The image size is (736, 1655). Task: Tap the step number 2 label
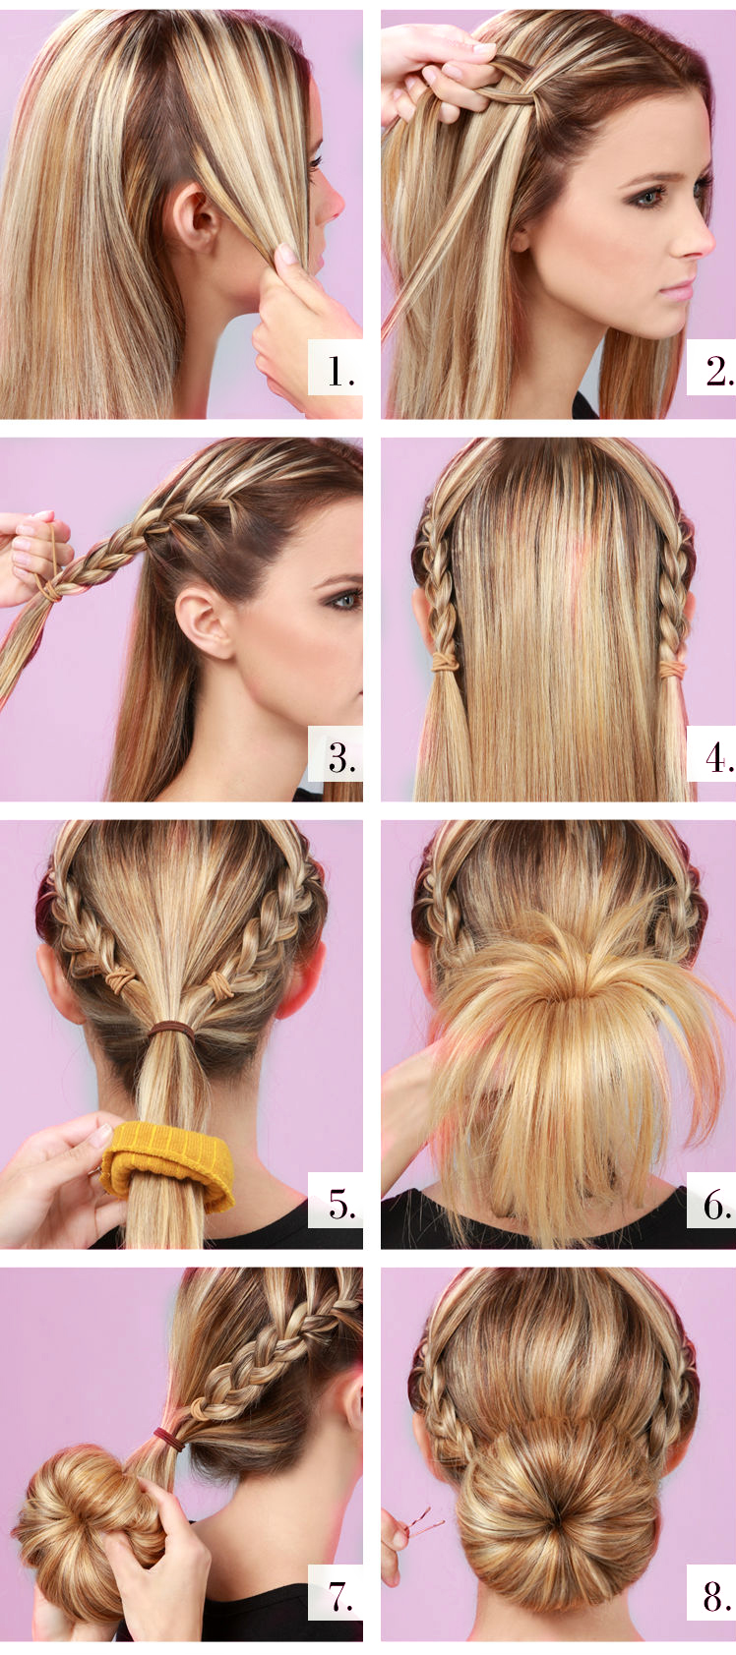click(x=717, y=371)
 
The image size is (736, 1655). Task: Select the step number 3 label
click(x=338, y=757)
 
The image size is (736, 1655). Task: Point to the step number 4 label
click(x=718, y=757)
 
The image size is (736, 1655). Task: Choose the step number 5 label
click(x=338, y=1204)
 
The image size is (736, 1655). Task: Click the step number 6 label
click(x=717, y=1204)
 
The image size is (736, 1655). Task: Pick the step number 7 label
click(x=338, y=1597)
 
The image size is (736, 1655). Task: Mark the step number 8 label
click(x=717, y=1597)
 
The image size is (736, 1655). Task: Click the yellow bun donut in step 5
click(x=167, y=1161)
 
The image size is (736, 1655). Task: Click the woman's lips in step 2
click(x=678, y=290)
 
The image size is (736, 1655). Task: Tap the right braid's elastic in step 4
click(x=673, y=669)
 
